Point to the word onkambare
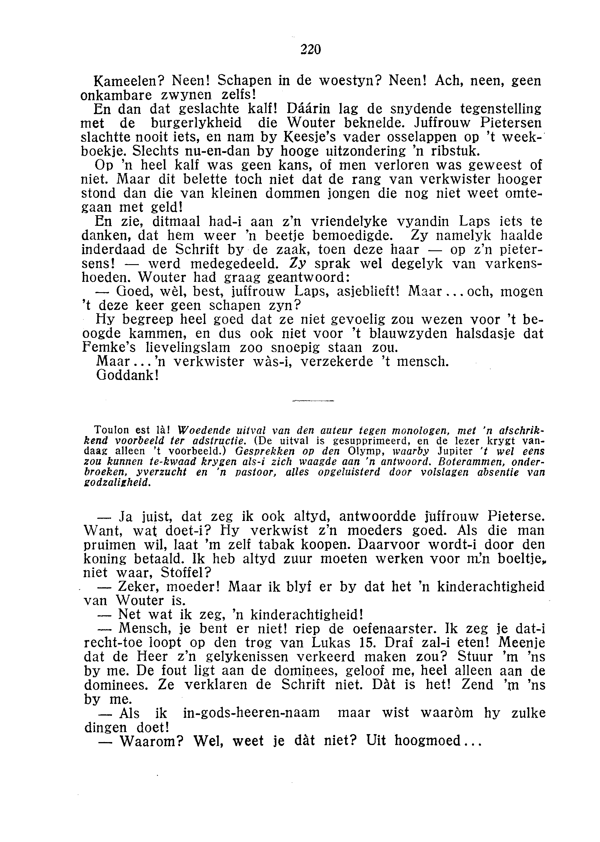(111, 95)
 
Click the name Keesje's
(309, 137)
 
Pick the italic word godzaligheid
(117, 483)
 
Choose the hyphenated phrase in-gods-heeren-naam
(251, 713)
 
